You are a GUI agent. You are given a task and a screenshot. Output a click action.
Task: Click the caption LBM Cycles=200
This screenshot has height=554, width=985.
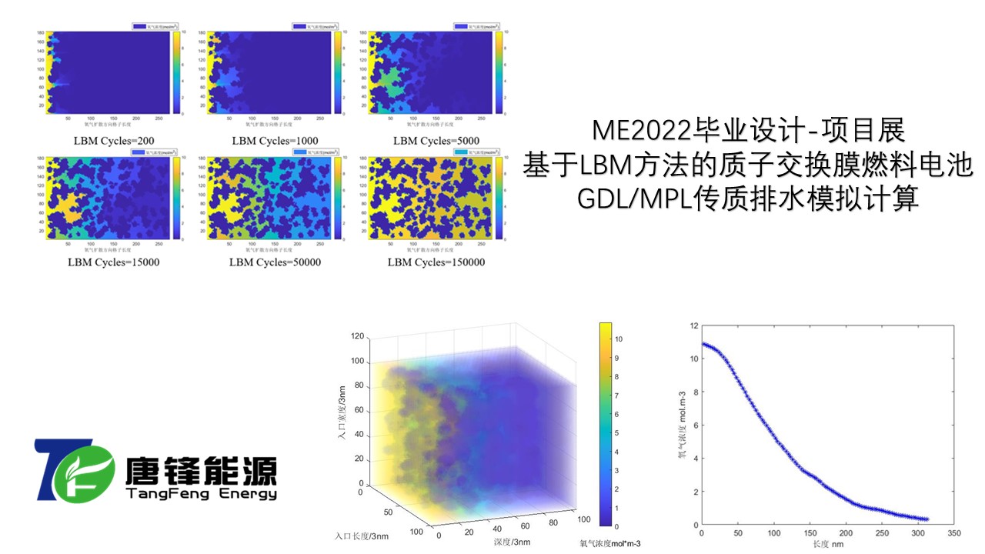click(111, 141)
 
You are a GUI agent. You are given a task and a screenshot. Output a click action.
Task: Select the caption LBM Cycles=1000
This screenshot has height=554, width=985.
click(275, 141)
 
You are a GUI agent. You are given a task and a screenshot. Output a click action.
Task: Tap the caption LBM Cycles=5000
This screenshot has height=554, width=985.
click(436, 141)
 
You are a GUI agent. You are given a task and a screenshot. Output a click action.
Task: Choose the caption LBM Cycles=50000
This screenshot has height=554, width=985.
click(275, 262)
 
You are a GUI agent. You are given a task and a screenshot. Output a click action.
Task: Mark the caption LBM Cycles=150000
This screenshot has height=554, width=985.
click(436, 262)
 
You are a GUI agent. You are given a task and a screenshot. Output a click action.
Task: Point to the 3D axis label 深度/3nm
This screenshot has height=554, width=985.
click(512, 542)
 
